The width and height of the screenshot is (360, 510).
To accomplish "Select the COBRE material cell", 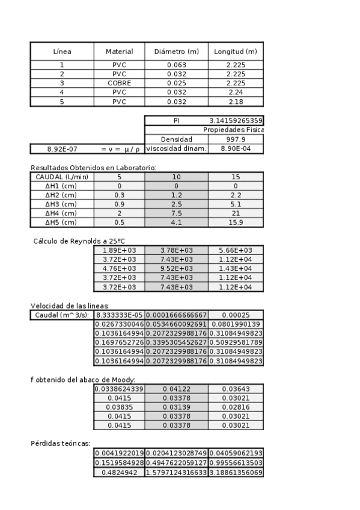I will [120, 83].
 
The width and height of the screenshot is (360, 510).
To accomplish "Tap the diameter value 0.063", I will [176, 64].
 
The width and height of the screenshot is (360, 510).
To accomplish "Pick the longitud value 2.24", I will [236, 93].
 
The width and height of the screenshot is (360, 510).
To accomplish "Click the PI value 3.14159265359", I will [236, 120].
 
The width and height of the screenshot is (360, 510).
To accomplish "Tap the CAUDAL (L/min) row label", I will [62, 177].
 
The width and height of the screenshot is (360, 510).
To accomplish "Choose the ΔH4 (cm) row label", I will [62, 214].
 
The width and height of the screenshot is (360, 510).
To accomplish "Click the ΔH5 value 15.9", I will [236, 223].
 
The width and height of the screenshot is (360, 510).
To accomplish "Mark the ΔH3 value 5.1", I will [236, 204].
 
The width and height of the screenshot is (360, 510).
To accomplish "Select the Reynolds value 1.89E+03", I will [120, 250].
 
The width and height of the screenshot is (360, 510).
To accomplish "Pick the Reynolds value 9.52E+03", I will [176, 269].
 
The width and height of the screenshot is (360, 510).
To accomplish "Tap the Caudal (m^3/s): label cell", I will [62, 315].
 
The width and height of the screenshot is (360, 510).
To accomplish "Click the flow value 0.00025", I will [236, 315].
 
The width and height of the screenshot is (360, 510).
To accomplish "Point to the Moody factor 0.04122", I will [176, 389].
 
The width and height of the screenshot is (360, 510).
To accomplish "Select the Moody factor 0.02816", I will [236, 408].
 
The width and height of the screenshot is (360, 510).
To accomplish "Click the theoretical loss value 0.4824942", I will [120, 473].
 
